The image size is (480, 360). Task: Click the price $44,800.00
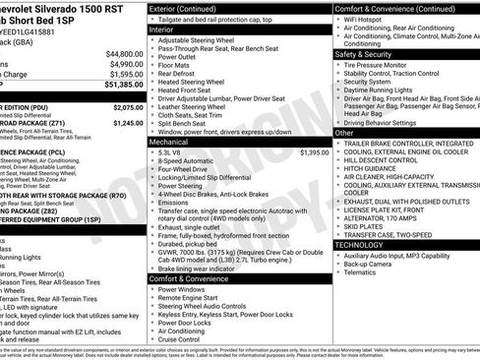coord(123,53)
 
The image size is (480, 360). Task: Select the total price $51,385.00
coord(123,86)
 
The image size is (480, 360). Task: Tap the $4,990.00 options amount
coord(125,63)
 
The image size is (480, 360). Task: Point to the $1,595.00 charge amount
coord(125,73)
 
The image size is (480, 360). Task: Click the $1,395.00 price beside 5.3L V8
coord(314,152)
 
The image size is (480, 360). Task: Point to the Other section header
coord(344,132)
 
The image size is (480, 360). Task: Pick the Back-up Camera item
coord(371,266)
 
